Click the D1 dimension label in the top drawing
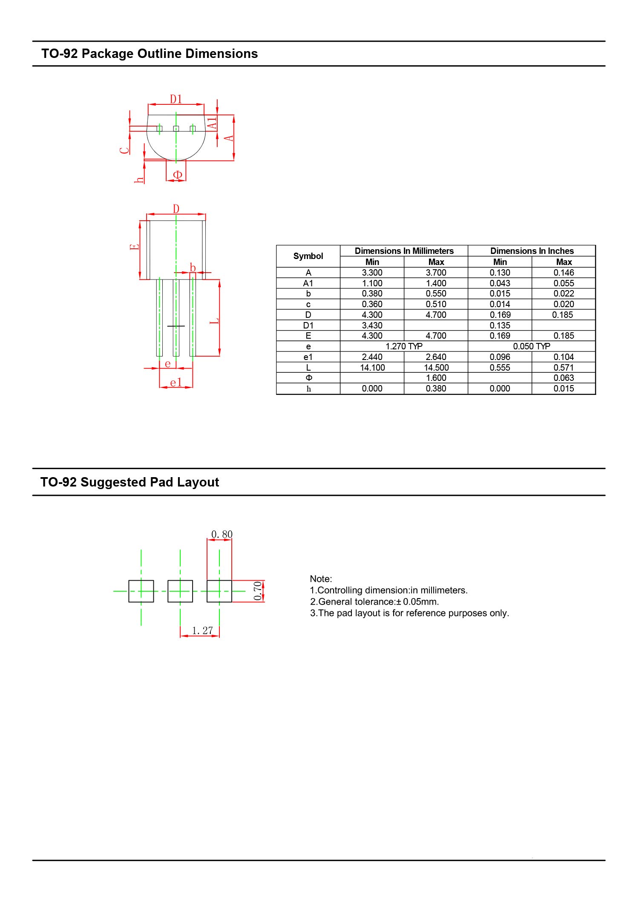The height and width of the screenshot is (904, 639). [176, 99]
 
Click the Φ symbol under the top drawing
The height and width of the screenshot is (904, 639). [177, 175]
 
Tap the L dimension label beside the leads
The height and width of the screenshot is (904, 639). [215, 320]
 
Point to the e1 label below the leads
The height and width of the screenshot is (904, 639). [176, 383]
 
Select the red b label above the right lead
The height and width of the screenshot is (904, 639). [193, 268]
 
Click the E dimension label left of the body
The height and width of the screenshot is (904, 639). [134, 247]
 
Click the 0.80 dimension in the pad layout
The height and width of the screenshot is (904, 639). [222, 534]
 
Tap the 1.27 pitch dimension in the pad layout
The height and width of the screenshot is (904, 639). [202, 630]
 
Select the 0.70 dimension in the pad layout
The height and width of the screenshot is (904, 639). [258, 591]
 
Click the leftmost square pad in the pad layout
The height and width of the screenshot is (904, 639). [141, 591]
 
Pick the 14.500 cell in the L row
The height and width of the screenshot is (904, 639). [436, 368]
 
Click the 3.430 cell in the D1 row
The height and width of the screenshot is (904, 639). [372, 325]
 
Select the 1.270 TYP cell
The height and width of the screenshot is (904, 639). [403, 346]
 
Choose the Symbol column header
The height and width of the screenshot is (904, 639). [308, 256]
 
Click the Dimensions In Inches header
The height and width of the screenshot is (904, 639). [532, 251]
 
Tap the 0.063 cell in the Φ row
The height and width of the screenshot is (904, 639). [563, 378]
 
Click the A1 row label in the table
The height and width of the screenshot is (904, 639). [308, 283]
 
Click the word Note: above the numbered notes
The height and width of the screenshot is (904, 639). [321, 579]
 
